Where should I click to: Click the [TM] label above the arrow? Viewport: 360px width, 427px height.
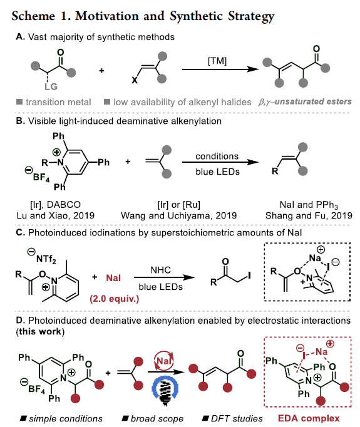point(217,61)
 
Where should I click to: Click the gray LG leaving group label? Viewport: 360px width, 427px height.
point(51,86)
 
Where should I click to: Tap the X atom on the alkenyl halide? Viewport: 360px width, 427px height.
point(135,80)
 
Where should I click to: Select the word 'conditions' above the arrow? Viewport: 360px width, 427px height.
point(217,157)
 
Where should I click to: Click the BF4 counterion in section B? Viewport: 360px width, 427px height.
point(41,177)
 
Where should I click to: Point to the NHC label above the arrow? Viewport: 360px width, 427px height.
point(161,270)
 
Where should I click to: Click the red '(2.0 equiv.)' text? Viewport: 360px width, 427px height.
point(115,299)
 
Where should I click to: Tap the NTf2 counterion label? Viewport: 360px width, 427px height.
point(46,259)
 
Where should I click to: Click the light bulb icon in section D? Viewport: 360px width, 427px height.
point(165,391)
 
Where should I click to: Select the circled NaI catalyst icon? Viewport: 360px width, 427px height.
point(163,361)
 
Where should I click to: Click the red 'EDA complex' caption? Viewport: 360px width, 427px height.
point(309,418)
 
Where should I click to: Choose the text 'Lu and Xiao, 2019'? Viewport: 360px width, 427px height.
point(56,215)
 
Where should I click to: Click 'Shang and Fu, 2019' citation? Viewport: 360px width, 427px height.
point(309,215)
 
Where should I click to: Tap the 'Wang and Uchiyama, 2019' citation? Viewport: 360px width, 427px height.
point(178,215)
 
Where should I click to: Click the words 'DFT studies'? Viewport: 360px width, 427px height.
point(237,419)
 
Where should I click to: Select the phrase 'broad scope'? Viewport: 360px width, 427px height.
point(157,419)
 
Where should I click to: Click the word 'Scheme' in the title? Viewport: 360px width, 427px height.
point(33,16)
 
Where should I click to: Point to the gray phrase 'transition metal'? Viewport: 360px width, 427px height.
point(58,102)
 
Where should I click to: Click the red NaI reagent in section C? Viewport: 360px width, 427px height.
point(113,278)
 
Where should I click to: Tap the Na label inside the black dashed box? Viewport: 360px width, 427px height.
point(315,258)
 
